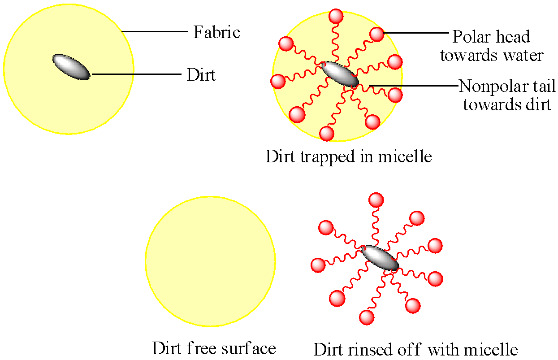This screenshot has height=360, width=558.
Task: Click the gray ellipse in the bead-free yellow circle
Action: [x=71, y=67]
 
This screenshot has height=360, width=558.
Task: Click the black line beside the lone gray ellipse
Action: [x=113, y=74]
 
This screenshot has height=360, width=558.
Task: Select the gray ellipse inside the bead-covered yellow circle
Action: [x=340, y=74]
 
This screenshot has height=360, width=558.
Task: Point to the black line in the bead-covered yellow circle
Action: [x=385, y=85]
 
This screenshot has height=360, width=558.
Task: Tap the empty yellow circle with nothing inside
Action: [x=210, y=261]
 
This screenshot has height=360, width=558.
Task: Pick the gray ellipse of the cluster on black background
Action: [x=380, y=258]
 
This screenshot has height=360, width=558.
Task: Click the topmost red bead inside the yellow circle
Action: [x=336, y=17]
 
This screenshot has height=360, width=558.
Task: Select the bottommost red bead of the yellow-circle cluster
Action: [x=327, y=133]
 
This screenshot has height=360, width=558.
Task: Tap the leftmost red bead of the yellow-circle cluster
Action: [x=278, y=81]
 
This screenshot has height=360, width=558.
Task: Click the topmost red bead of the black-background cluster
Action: [x=376, y=200]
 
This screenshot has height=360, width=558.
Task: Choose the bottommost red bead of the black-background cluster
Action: [x=367, y=317]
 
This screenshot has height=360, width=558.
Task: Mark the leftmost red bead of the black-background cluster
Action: [x=318, y=265]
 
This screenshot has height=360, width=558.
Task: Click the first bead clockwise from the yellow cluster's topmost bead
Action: [x=377, y=34]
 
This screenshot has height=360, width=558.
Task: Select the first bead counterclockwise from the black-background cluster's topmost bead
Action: [x=326, y=228]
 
